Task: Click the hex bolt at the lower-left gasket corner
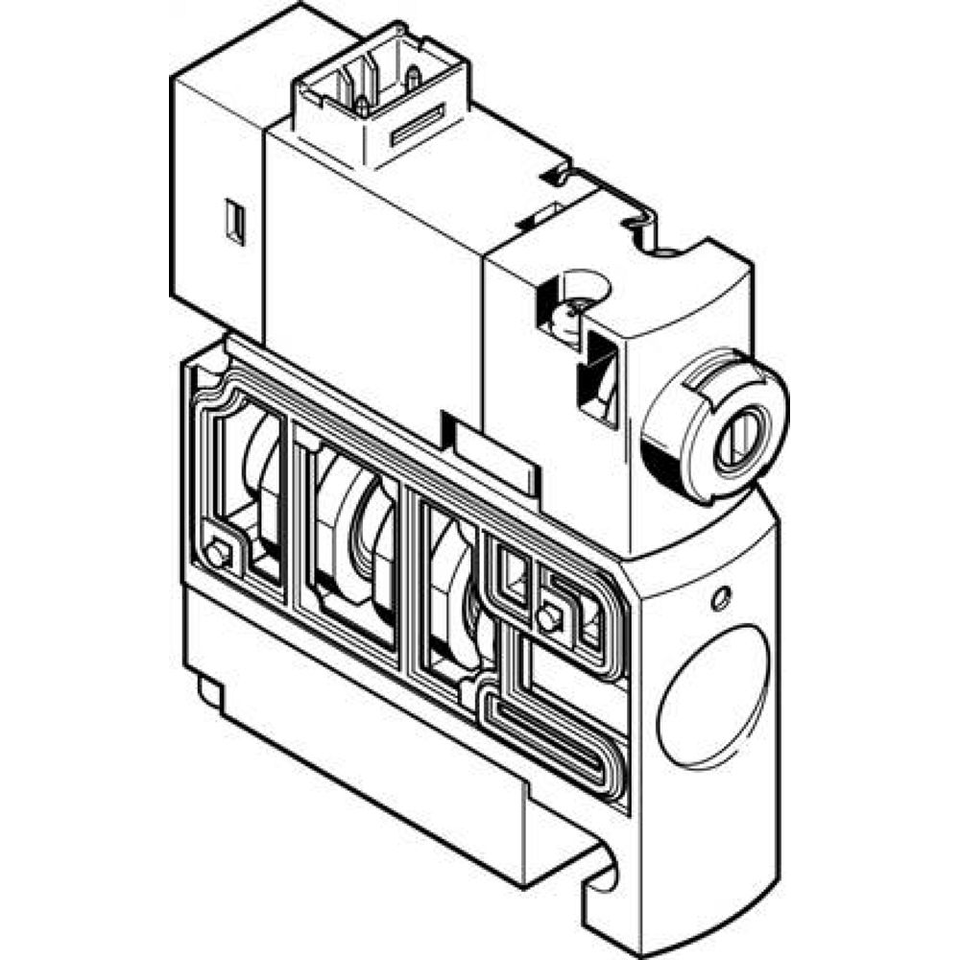point(219,554)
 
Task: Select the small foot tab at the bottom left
point(211,693)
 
